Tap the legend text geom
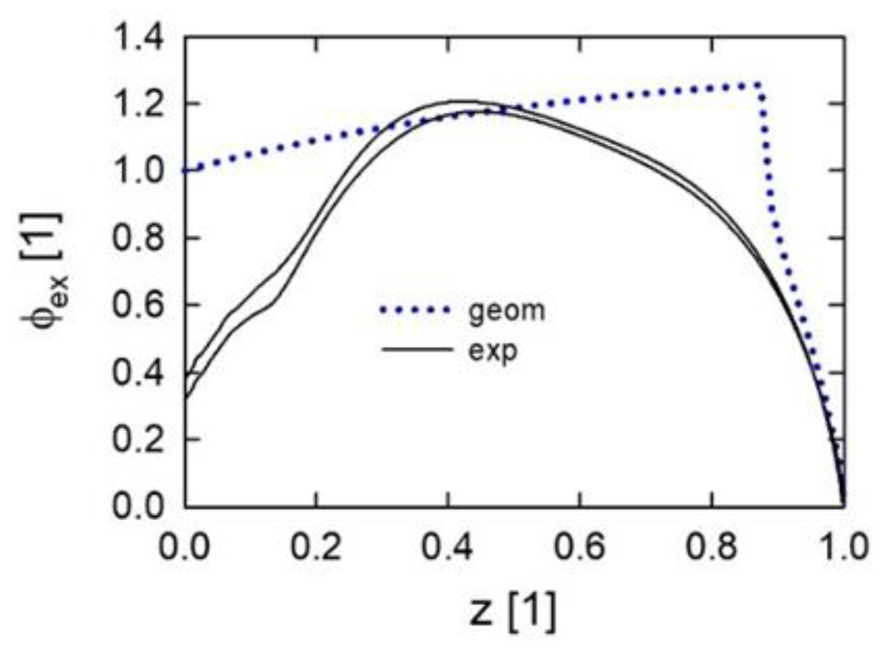point(506,310)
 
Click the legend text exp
point(492,351)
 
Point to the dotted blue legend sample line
point(415,310)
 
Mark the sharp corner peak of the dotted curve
point(759,85)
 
